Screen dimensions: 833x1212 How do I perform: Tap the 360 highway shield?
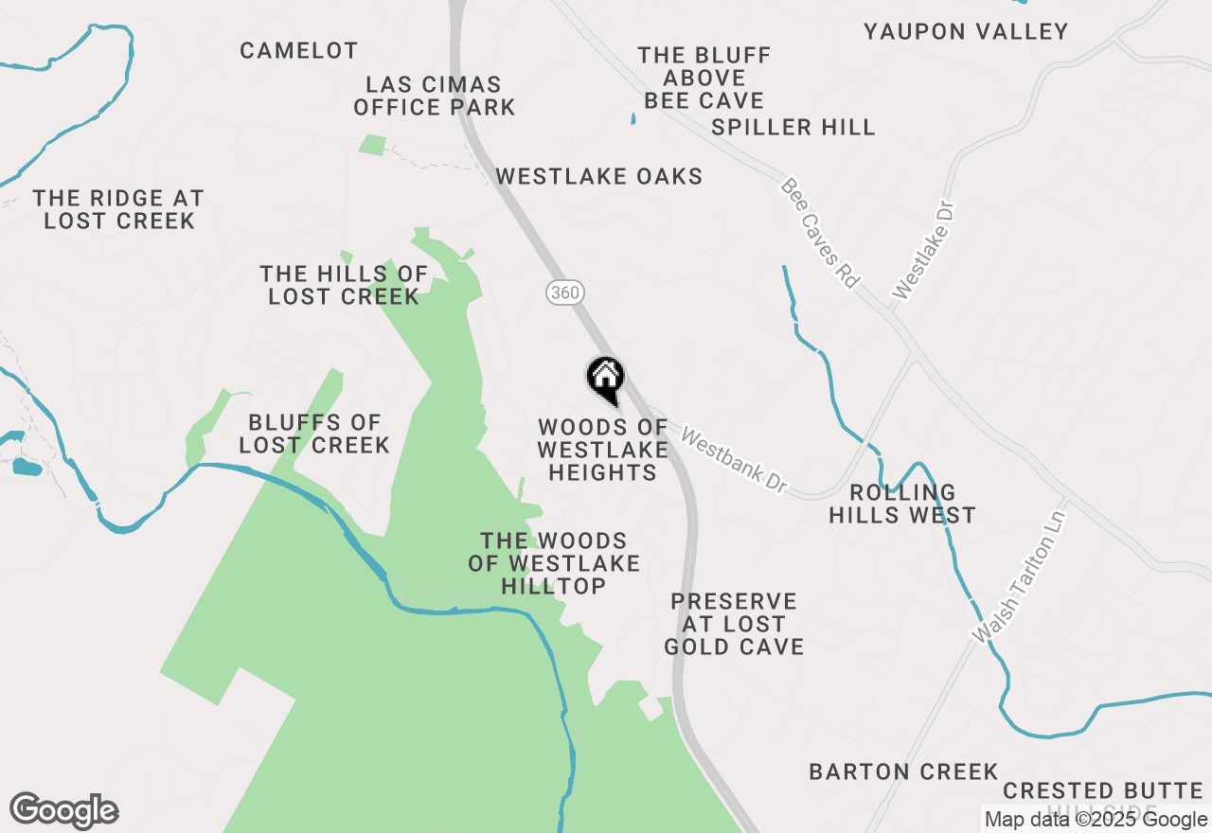[x=563, y=292]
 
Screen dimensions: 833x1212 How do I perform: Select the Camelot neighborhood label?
[x=298, y=51]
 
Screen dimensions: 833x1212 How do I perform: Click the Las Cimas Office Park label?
[x=435, y=97]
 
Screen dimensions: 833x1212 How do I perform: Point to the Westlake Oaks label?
[x=599, y=177]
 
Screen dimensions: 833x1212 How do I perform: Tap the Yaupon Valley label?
[x=966, y=32]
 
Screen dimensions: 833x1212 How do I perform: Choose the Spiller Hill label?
[x=793, y=128]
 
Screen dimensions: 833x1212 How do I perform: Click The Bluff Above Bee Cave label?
[x=704, y=79]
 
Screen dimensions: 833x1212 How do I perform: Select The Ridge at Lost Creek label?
[x=118, y=210]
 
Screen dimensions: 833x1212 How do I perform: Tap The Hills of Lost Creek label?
[x=344, y=285]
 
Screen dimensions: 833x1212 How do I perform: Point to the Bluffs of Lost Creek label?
[x=314, y=434]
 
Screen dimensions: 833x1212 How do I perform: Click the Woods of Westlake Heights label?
[x=602, y=451]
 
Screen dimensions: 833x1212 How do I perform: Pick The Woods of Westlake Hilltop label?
[x=554, y=564]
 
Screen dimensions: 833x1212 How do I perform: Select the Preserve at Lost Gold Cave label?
[x=734, y=625]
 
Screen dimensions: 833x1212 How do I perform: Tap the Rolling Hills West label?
[x=902, y=505]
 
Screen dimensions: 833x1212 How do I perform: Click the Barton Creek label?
[x=903, y=772]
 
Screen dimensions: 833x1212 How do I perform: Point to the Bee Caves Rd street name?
[x=820, y=233]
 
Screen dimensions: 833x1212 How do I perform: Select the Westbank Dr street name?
[x=734, y=462]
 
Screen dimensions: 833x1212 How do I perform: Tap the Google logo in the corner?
[x=64, y=811]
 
